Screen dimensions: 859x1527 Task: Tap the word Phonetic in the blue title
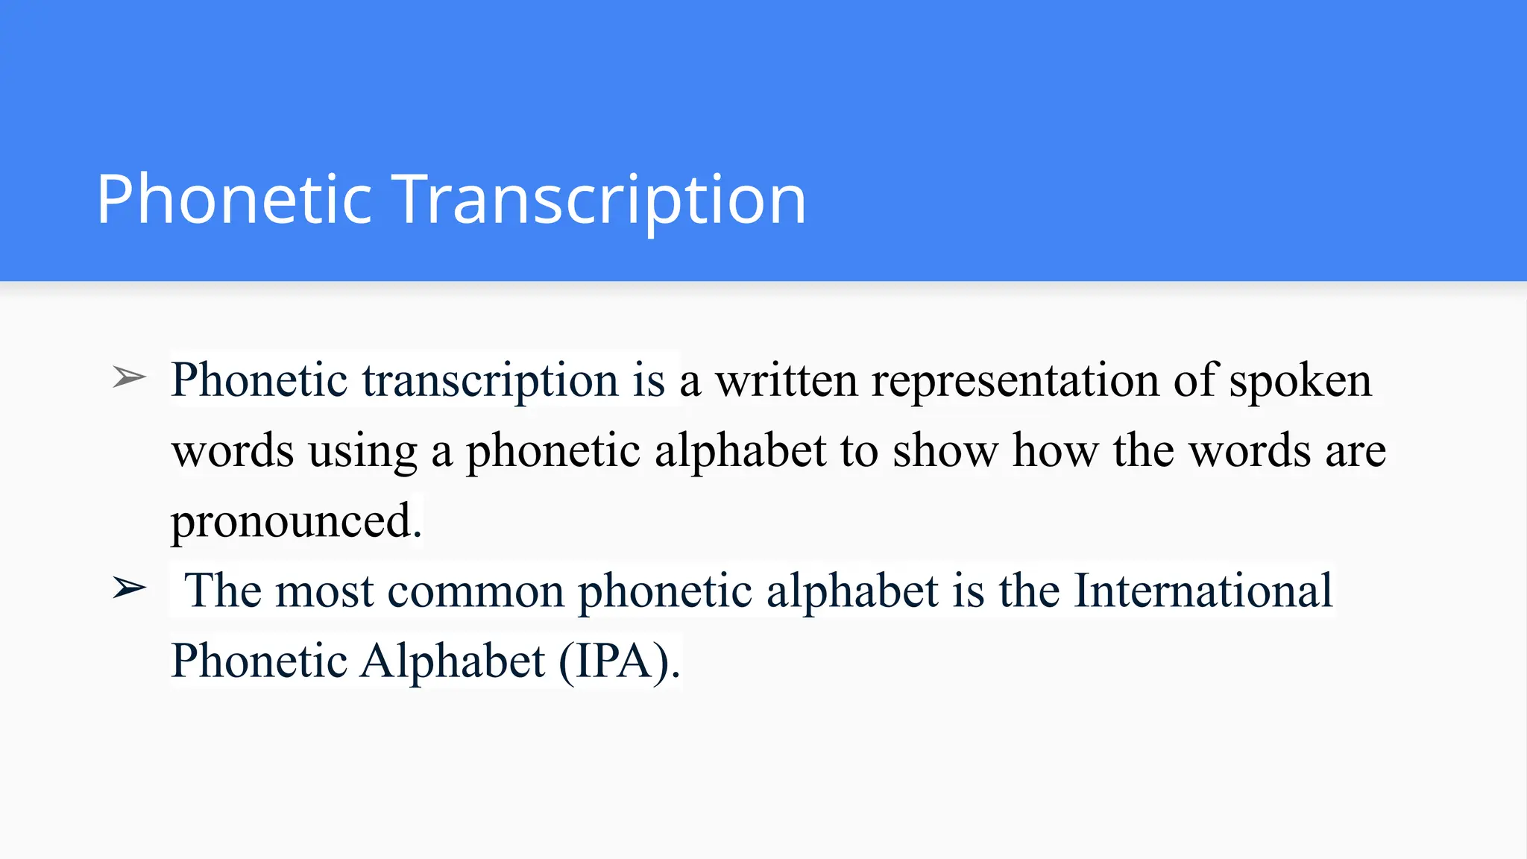click(234, 199)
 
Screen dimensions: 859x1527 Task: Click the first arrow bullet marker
click(129, 377)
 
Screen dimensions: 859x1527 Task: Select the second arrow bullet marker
click(129, 588)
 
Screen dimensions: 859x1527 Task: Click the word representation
click(1016, 380)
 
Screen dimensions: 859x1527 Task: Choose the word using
click(362, 452)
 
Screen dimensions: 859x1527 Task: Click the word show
click(945, 450)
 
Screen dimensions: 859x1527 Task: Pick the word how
click(1055, 450)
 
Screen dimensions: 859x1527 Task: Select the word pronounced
click(296, 521)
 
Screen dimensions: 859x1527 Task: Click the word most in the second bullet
click(324, 591)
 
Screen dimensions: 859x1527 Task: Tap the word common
click(476, 591)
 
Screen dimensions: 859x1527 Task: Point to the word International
click(1202, 591)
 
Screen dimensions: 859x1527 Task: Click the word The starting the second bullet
click(222, 591)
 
